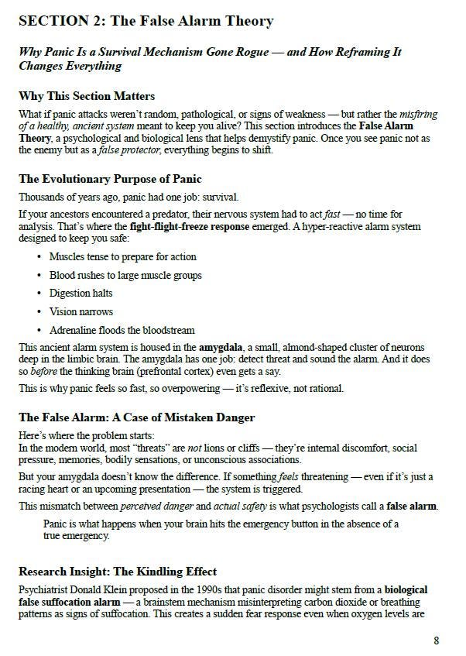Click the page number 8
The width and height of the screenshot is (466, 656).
coord(437,641)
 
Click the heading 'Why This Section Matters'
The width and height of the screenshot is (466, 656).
coord(87,96)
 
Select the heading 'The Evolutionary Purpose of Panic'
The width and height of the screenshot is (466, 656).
coord(110,179)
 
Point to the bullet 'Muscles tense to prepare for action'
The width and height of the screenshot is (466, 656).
coord(123,256)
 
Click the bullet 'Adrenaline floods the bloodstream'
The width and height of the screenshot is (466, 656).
coord(122,330)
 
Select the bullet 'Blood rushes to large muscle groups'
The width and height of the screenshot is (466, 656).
coord(125,275)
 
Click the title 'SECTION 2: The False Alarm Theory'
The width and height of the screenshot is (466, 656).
coord(146,21)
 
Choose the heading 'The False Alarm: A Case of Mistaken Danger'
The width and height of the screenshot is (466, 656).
coord(136,417)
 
